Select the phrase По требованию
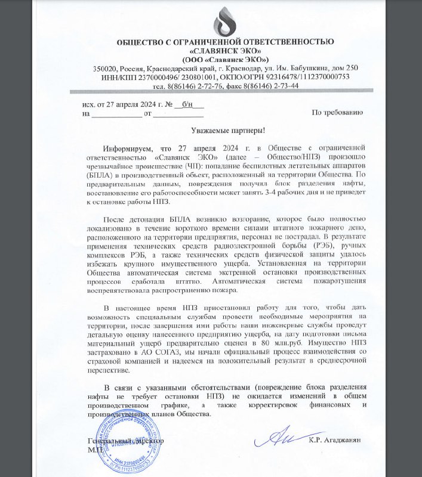pos(336,113)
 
